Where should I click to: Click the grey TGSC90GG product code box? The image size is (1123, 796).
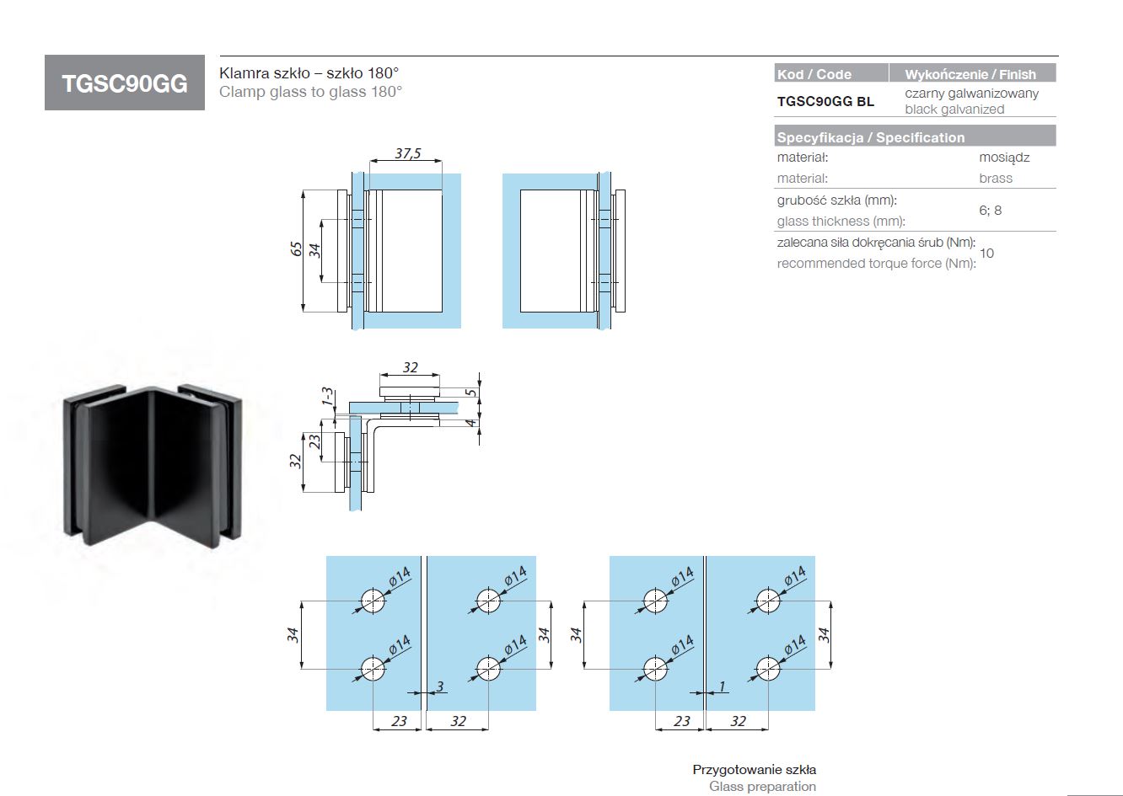(125, 83)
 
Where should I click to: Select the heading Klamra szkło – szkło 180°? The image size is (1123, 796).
(309, 73)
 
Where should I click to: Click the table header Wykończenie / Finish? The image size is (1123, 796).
(970, 74)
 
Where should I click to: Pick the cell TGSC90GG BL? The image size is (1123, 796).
(825, 101)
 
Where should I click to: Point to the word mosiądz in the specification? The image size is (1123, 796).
(1004, 158)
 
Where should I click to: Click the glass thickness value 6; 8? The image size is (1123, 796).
(991, 210)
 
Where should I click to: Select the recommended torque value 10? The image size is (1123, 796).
(987, 253)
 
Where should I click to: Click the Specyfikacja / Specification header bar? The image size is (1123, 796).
(914, 136)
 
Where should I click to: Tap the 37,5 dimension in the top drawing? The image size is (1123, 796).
(407, 153)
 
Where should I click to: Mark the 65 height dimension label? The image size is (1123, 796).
(296, 250)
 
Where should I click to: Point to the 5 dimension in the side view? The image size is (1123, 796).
(471, 392)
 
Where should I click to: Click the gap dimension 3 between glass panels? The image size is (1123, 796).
(439, 687)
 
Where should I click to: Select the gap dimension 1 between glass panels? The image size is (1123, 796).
(722, 687)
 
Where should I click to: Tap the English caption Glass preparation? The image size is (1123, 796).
(762, 786)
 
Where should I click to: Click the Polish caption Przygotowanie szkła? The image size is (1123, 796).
(754, 769)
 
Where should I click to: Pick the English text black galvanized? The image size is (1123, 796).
(954, 110)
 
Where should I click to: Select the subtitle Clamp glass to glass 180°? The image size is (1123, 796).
(310, 92)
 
